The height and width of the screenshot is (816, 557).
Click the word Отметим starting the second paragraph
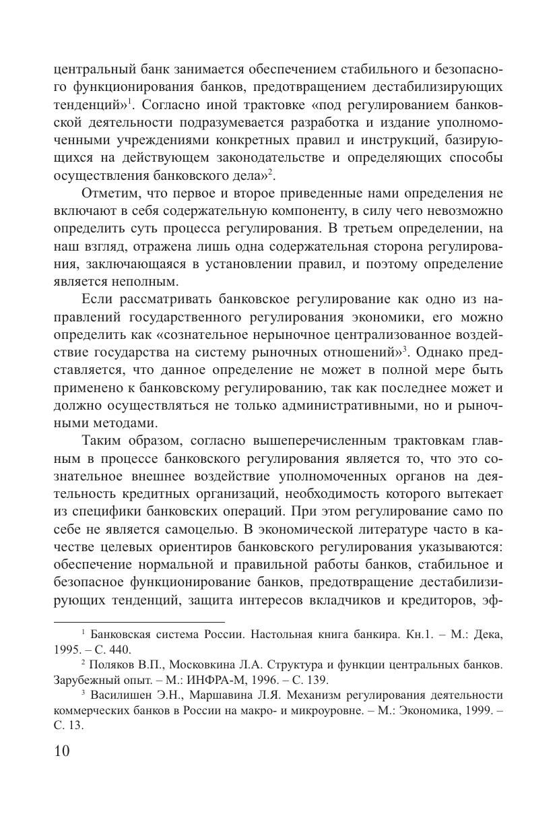[x=106, y=193]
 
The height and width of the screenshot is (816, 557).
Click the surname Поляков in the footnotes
[x=112, y=664]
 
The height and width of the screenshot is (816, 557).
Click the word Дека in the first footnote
[x=486, y=635]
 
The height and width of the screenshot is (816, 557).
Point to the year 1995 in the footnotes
[x=67, y=650]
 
